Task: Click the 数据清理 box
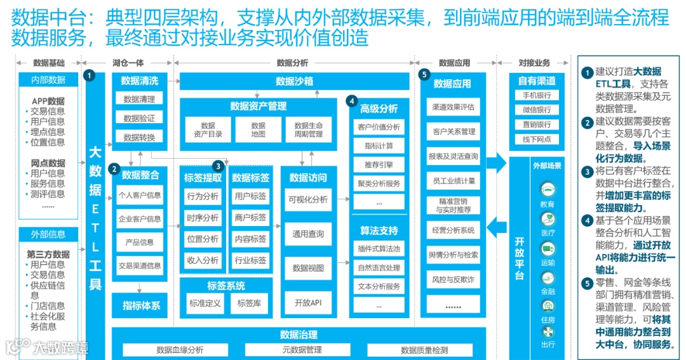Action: click(139, 99)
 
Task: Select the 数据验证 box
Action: click(139, 118)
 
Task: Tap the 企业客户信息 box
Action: click(140, 219)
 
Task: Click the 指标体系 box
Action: click(141, 305)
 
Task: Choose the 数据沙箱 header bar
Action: click(294, 81)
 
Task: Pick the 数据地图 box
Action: click(258, 130)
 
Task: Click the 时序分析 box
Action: click(203, 218)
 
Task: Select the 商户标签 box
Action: click(250, 218)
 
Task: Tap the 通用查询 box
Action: click(308, 234)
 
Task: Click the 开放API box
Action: click(308, 303)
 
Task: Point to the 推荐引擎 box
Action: click(379, 164)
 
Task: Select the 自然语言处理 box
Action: click(379, 268)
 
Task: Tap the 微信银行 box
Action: click(536, 110)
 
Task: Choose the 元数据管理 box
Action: click(302, 350)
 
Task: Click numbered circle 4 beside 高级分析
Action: click(351, 101)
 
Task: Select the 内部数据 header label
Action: click(49, 80)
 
